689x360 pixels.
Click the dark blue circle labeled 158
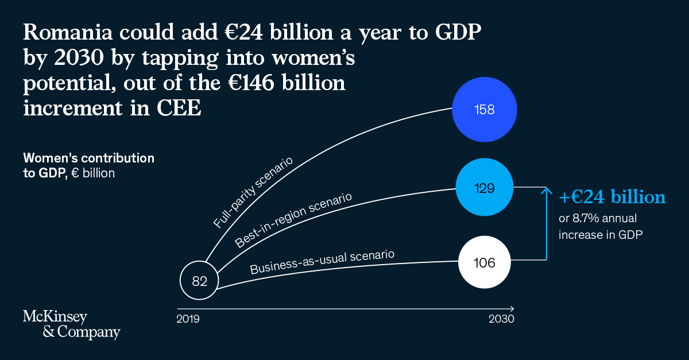pyautogui.click(x=485, y=109)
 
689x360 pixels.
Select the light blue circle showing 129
pyautogui.click(x=485, y=188)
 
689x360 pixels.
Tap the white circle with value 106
pyautogui.click(x=485, y=263)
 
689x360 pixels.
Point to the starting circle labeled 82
pyautogui.click(x=199, y=281)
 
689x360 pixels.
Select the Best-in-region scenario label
pyautogui.click(x=293, y=221)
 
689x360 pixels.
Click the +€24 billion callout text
pyautogui.click(x=612, y=197)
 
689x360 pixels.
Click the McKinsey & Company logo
pyautogui.click(x=71, y=324)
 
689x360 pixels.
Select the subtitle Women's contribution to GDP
pyautogui.click(x=88, y=164)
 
